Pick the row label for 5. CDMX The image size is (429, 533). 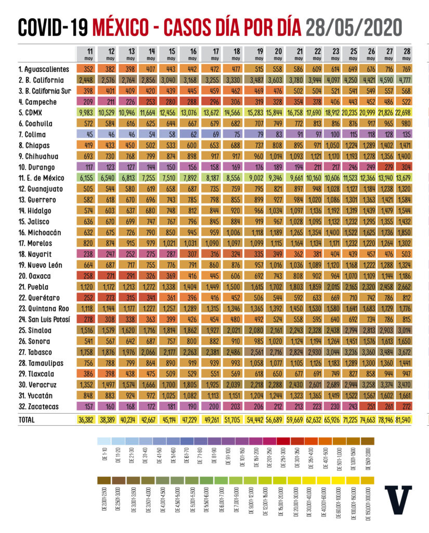pyautogui.click(x=33, y=113)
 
